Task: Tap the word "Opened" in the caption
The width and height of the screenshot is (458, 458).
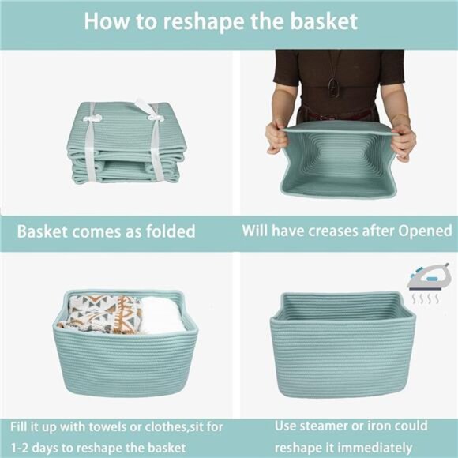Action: pyautogui.click(x=421, y=232)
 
